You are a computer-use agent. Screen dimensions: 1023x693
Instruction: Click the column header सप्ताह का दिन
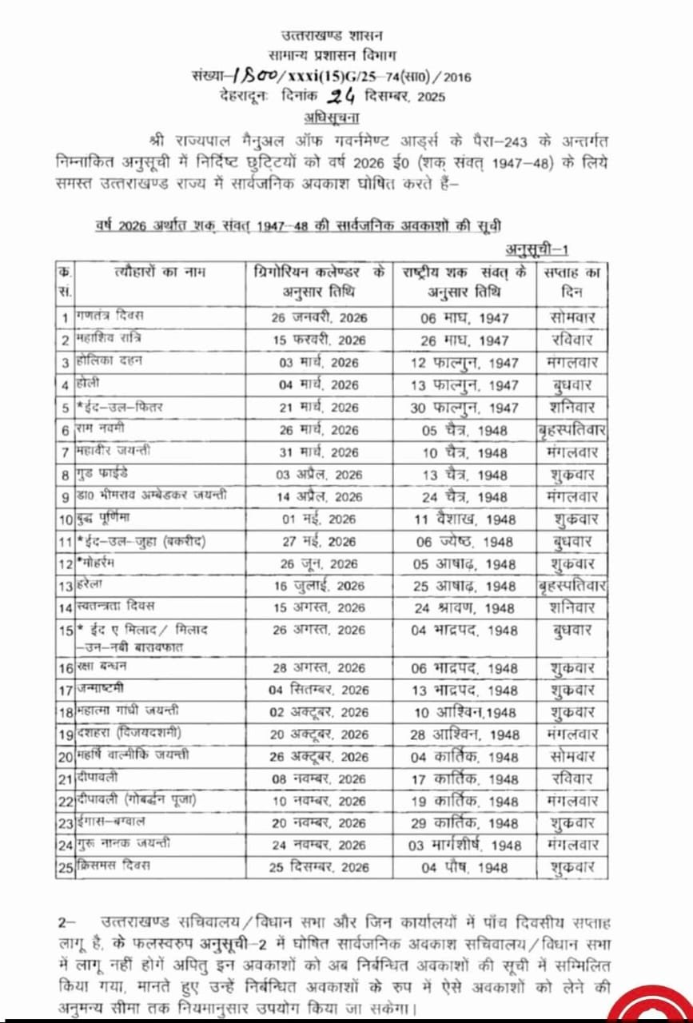coord(572,281)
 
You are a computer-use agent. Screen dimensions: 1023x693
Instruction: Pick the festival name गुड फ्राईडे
coord(103,474)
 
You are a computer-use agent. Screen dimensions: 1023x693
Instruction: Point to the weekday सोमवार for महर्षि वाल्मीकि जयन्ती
coord(572,756)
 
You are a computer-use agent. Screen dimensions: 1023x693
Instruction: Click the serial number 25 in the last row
coord(65,866)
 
